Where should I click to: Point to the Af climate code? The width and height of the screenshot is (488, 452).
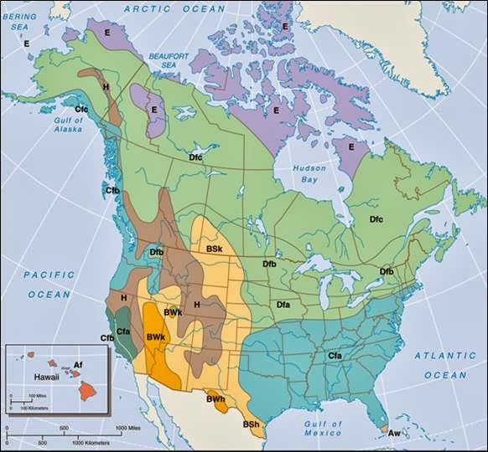[x=78, y=365]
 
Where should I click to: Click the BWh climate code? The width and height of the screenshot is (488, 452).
[x=215, y=400]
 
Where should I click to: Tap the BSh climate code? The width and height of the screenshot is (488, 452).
[x=252, y=425]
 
